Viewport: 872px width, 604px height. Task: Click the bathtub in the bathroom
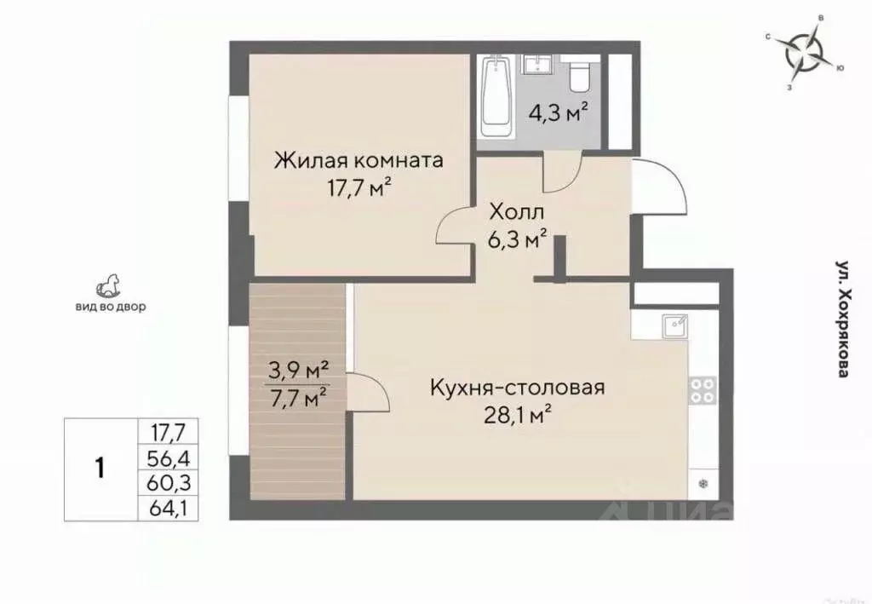[x=496, y=97]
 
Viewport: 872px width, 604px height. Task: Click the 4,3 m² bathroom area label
[x=559, y=112]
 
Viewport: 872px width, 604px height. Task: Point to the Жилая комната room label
[x=358, y=160]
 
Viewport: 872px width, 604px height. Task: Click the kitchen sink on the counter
[x=678, y=325]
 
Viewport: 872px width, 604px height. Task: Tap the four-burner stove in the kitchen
[x=702, y=390]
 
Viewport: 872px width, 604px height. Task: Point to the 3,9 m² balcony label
[x=297, y=370]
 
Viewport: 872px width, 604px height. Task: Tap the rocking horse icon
[x=109, y=285]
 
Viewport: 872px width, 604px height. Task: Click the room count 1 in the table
[x=100, y=469]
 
